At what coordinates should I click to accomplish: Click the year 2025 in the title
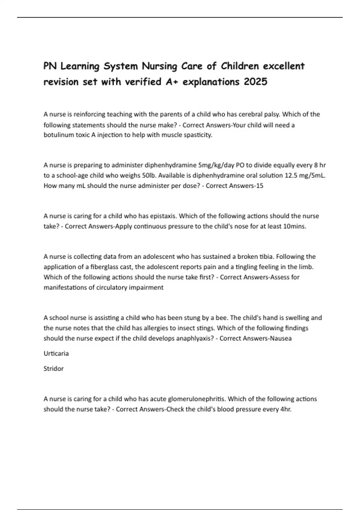[255, 82]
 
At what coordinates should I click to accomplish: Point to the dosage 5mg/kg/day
[216, 165]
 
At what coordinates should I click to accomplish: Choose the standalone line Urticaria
[56, 353]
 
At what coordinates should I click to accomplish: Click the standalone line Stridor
[53, 368]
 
